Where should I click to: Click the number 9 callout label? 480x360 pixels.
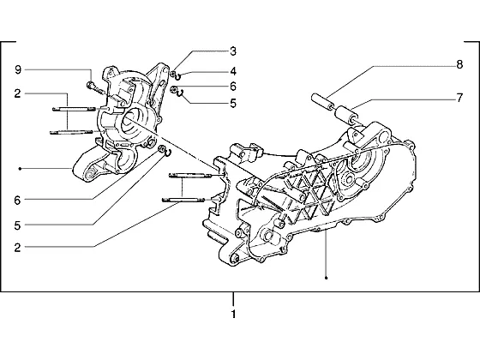[18, 70]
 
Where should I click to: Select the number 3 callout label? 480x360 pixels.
[233, 51]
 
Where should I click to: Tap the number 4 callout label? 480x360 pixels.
[233, 71]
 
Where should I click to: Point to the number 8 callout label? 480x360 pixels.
[459, 64]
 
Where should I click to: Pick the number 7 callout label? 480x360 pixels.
[459, 98]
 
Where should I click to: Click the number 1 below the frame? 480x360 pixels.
[233, 314]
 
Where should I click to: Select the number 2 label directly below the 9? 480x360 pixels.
[17, 93]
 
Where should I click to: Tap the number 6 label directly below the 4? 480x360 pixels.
[233, 87]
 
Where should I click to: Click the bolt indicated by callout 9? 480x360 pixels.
[95, 87]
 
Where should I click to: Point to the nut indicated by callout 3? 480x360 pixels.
[173, 74]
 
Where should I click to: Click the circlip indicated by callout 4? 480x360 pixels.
[178, 76]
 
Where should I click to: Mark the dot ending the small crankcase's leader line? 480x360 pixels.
[20, 169]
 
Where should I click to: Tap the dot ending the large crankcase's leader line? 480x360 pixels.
[326, 278]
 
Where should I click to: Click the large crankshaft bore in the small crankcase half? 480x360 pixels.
[130, 122]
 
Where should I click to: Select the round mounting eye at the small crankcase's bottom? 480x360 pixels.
[90, 173]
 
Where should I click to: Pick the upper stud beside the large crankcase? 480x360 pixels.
[190, 176]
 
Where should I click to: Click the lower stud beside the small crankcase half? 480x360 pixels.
[71, 132]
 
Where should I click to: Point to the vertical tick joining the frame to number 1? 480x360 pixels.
[233, 299]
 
